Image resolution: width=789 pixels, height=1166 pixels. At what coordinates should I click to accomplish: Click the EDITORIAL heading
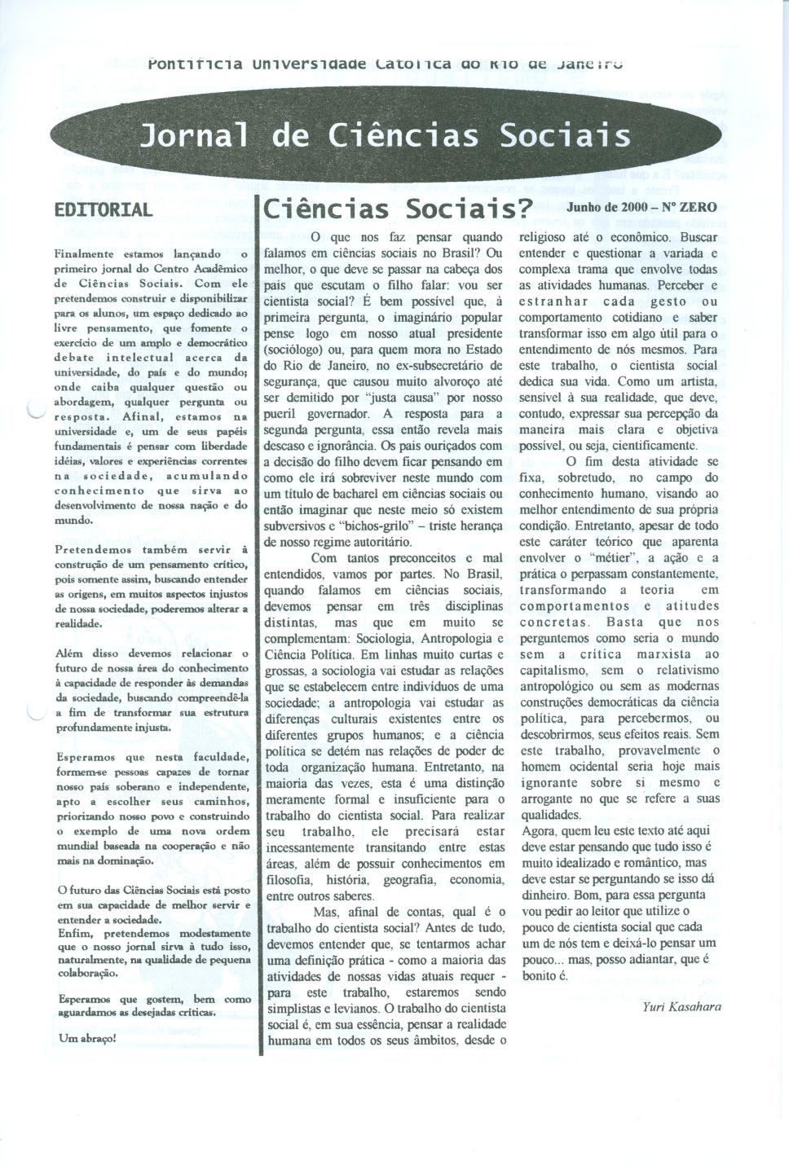pos(103,209)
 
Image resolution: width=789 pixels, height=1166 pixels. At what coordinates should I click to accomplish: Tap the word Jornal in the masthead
pos(193,134)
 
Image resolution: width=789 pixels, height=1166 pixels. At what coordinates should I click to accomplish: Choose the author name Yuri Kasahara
pos(681,1006)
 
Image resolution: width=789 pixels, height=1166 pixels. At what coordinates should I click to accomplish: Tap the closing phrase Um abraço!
pos(87,1038)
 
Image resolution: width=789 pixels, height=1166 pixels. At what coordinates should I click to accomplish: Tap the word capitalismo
pos(554,671)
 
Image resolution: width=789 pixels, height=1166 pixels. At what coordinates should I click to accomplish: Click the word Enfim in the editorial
pos(74,934)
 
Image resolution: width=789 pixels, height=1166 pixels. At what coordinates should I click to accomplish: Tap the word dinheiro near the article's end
pos(547,895)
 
